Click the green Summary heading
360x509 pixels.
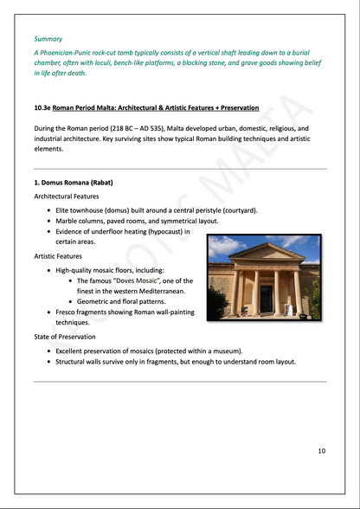[48, 39]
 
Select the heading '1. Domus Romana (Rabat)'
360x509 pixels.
[74, 183]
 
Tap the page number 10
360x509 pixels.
[321, 451]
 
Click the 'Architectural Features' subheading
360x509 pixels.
[67, 197]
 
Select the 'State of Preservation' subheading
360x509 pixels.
[65, 337]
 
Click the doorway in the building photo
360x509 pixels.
[266, 300]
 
